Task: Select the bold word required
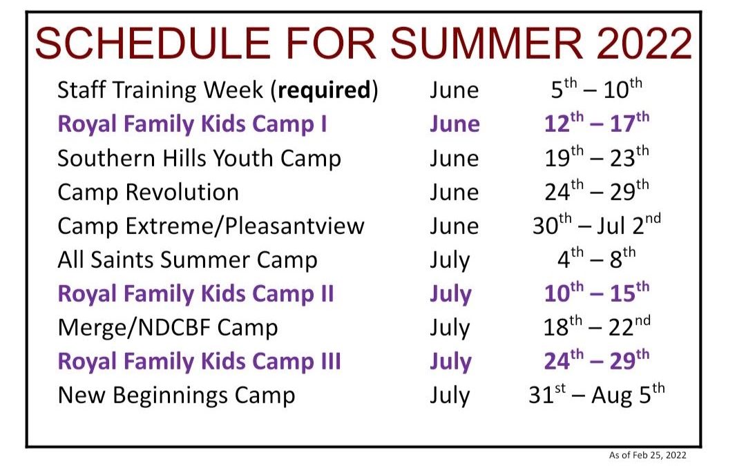(x=323, y=90)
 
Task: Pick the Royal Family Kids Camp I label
(x=192, y=124)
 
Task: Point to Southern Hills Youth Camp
(x=200, y=158)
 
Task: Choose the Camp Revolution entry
(x=148, y=192)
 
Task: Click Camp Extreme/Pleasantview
(x=211, y=226)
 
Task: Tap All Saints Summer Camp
(x=187, y=260)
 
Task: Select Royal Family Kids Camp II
(x=195, y=294)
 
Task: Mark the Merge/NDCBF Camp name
(x=167, y=328)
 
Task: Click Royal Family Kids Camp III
(x=200, y=361)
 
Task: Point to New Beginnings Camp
(x=176, y=396)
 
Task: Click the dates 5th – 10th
(x=597, y=88)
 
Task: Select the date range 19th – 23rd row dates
(x=597, y=157)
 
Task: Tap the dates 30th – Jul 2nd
(x=597, y=224)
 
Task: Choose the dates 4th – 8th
(x=597, y=258)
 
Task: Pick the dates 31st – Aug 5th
(x=597, y=394)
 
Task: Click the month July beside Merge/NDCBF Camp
(x=450, y=329)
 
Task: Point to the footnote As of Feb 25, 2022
(x=647, y=455)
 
